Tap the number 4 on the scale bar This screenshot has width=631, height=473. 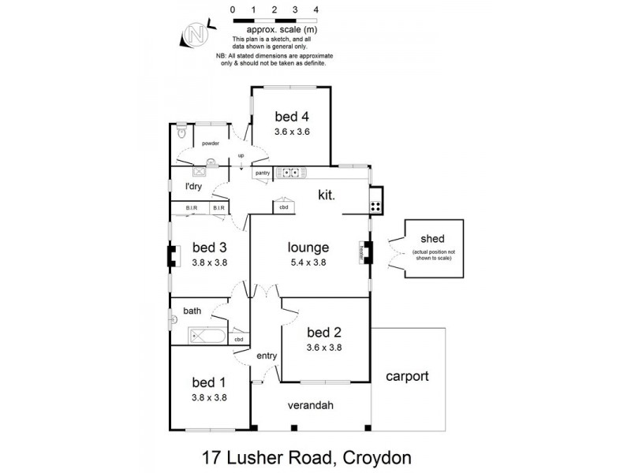click(315, 9)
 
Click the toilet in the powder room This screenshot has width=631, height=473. click(181, 132)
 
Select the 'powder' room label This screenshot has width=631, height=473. click(210, 143)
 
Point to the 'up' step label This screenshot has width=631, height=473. click(241, 155)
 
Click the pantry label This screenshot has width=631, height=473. click(263, 173)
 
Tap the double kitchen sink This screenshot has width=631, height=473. click(290, 173)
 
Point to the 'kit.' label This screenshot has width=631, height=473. click(327, 194)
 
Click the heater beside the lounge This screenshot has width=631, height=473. click(364, 251)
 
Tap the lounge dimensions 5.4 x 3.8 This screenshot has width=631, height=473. click(308, 263)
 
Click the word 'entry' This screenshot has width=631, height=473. click(266, 356)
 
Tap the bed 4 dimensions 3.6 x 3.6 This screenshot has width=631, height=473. click(291, 132)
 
